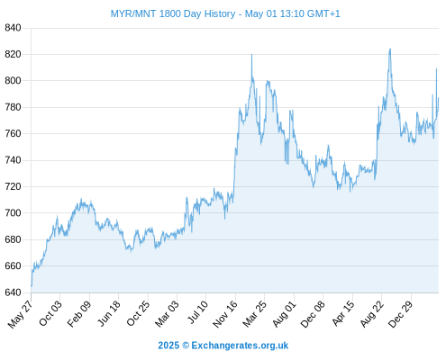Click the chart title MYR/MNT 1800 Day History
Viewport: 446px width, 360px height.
pos(173,13)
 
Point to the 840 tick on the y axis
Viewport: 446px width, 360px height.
pos(13,28)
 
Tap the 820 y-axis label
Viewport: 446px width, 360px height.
pos(13,54)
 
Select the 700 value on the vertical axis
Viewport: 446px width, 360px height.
pos(13,213)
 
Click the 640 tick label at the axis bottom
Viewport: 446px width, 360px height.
pos(13,292)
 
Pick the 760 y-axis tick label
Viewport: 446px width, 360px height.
pos(13,133)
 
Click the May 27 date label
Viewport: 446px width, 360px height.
pos(21,314)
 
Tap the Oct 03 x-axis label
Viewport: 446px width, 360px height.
pos(50,313)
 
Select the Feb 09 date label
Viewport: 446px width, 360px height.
pos(79,314)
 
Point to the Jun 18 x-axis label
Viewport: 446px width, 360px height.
pos(109,313)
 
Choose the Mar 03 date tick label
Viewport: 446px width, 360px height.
pos(167,313)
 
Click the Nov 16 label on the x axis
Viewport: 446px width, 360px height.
pos(225,314)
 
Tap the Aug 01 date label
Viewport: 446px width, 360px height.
pos(284,314)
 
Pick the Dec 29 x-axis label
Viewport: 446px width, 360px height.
pos(401,314)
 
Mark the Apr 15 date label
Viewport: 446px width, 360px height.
pos(343,313)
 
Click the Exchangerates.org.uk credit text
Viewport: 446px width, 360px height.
pos(240,346)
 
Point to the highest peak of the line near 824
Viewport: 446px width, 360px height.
pos(390,49)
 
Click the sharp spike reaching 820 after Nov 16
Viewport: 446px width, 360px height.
pos(251,55)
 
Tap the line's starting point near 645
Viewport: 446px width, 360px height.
pos(32,286)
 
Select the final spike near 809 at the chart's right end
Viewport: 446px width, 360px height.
pos(436,69)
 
